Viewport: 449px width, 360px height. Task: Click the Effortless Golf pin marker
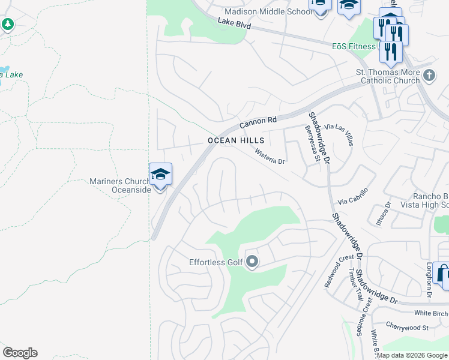coord(252,262)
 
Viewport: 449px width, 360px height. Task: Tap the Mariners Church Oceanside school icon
coord(160,175)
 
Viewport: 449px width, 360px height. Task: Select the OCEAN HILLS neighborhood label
coord(236,140)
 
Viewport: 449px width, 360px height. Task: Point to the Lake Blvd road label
coord(235,25)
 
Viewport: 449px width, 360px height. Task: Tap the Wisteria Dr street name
coord(270,157)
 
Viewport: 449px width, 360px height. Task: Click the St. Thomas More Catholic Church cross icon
coord(429,76)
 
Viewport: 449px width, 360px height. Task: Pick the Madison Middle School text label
coord(265,11)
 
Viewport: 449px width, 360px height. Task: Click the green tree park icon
coord(8,25)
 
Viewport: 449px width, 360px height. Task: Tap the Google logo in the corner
coord(20,353)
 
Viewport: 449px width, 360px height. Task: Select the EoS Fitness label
coord(354,46)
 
